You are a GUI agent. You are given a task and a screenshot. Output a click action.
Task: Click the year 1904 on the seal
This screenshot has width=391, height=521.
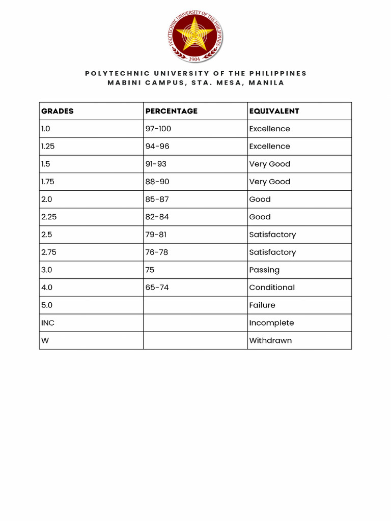pyautogui.click(x=194, y=59)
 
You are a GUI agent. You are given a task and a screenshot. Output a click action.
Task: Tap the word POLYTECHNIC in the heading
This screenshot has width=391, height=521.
pyautogui.click(x=110, y=73)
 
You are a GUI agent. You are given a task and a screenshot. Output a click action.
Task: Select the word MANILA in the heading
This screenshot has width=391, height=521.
pyautogui.click(x=266, y=82)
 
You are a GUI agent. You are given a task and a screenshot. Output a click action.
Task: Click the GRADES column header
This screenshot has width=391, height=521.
pyautogui.click(x=58, y=111)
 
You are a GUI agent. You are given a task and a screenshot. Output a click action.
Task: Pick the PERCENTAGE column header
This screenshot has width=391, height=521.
pyautogui.click(x=171, y=111)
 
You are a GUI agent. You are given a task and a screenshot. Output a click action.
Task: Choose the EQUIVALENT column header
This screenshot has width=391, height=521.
pyautogui.click(x=274, y=111)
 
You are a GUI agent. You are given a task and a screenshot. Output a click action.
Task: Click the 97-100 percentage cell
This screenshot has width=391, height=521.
pyautogui.click(x=158, y=129)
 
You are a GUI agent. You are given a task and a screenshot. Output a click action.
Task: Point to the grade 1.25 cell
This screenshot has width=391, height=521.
pyautogui.click(x=49, y=147)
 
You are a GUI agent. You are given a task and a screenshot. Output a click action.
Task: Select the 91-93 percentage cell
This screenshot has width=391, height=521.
pyautogui.click(x=156, y=164)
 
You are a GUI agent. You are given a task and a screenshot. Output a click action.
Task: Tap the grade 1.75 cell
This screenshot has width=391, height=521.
pyautogui.click(x=49, y=182)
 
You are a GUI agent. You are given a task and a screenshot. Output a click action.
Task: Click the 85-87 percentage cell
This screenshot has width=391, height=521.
pyautogui.click(x=157, y=199)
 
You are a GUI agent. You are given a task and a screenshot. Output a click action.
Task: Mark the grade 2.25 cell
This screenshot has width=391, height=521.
pyautogui.click(x=49, y=217)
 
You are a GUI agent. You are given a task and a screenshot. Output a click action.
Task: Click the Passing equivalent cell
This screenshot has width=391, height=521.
pyautogui.click(x=264, y=270)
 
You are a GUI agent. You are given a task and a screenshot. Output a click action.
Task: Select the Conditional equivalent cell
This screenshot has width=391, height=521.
pyautogui.click(x=272, y=287)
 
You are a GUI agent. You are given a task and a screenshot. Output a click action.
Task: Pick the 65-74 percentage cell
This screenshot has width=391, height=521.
pyautogui.click(x=157, y=287)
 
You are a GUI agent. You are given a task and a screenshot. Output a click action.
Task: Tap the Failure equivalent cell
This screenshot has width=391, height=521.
pyautogui.click(x=262, y=305)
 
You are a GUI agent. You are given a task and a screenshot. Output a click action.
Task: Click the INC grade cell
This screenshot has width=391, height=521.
pyautogui.click(x=48, y=323)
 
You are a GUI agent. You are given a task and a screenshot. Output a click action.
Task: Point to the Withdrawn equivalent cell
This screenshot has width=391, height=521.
pyautogui.click(x=270, y=340)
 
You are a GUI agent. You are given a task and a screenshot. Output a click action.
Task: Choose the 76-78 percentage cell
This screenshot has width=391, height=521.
pyautogui.click(x=157, y=252)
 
